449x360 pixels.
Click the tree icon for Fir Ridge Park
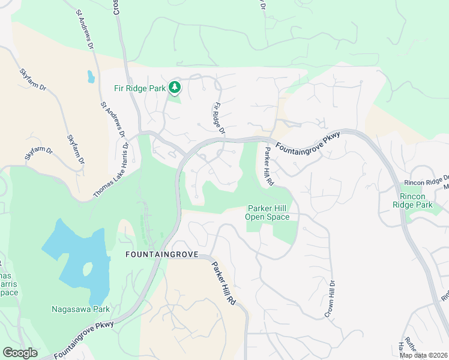(175, 88)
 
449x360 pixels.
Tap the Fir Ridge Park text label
(140, 88)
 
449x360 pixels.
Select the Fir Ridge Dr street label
(218, 118)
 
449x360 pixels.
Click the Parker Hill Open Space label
(268, 212)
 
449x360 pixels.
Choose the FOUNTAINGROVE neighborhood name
(161, 254)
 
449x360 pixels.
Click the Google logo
(20, 353)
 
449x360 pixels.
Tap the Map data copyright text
(424, 355)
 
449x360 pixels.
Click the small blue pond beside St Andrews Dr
(91, 76)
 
